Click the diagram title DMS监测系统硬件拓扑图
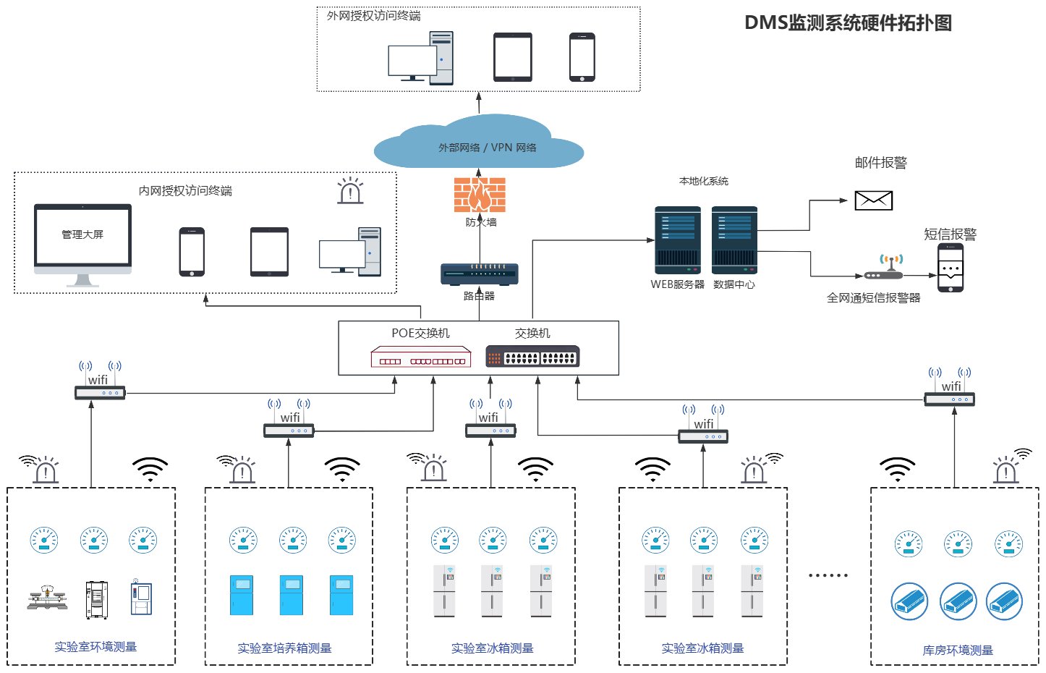[848, 23]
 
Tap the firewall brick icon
[479, 195]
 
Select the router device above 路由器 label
[479, 274]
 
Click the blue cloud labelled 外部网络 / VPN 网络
[479, 145]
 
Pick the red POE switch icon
[420, 357]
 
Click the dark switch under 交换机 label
[532, 357]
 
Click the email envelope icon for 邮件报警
[873, 200]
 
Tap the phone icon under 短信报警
[951, 268]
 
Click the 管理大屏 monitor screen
[83, 236]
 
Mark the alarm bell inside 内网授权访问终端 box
[350, 191]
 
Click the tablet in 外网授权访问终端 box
[513, 57]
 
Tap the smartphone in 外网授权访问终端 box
[582, 57]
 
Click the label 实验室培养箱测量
[284, 648]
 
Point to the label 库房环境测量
[958, 651]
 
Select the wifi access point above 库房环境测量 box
[949, 399]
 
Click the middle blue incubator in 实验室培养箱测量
[292, 596]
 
